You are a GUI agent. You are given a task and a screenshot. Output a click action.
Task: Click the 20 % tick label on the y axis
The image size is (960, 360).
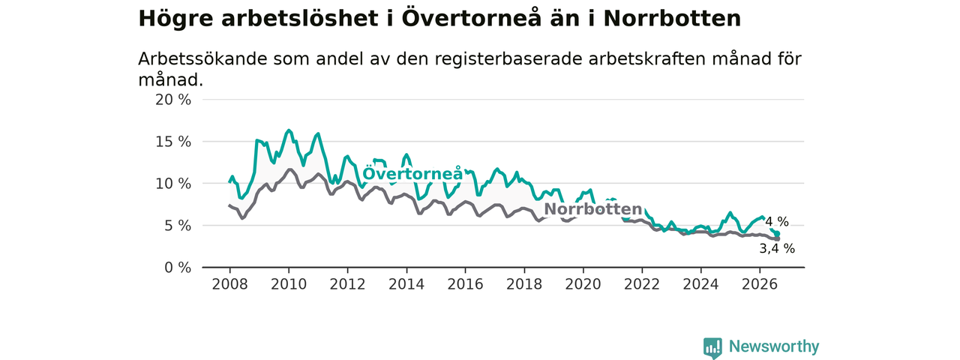click(173, 100)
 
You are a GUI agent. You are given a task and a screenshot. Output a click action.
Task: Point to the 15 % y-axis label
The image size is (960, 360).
click(173, 142)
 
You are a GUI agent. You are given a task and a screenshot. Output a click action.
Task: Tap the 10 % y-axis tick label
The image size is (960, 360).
click(173, 184)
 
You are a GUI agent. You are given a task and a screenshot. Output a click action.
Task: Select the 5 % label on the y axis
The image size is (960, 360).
click(178, 226)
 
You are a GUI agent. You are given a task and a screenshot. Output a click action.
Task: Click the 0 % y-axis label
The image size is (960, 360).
click(178, 268)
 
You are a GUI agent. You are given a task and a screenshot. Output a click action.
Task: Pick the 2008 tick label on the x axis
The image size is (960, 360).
click(229, 284)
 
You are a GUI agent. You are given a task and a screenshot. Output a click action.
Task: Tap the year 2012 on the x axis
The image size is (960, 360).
click(347, 284)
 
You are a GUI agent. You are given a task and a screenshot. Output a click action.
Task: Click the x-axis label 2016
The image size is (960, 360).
click(466, 284)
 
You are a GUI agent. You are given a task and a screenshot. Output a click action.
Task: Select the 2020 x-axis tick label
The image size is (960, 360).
click(583, 284)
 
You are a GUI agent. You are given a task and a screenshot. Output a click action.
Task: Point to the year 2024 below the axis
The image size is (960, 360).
click(700, 284)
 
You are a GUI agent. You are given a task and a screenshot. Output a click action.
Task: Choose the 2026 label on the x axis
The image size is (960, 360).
click(760, 284)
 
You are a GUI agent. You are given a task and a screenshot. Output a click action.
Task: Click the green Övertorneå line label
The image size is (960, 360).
click(412, 172)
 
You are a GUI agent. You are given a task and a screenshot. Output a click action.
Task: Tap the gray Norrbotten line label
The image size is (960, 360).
click(593, 209)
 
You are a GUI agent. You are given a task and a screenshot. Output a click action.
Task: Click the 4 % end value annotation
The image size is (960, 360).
click(777, 221)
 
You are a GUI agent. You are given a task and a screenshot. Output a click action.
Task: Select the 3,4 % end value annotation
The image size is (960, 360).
click(777, 248)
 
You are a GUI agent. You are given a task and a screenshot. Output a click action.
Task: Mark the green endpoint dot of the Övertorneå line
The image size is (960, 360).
click(777, 234)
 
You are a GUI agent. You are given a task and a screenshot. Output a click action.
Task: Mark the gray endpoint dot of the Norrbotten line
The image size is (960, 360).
click(777, 238)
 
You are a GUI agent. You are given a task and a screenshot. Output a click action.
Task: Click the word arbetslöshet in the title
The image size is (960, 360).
click(300, 19)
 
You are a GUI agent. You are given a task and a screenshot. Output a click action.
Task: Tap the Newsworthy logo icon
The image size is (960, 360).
click(712, 348)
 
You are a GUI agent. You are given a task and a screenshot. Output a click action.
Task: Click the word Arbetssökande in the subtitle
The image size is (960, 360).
click(202, 59)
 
